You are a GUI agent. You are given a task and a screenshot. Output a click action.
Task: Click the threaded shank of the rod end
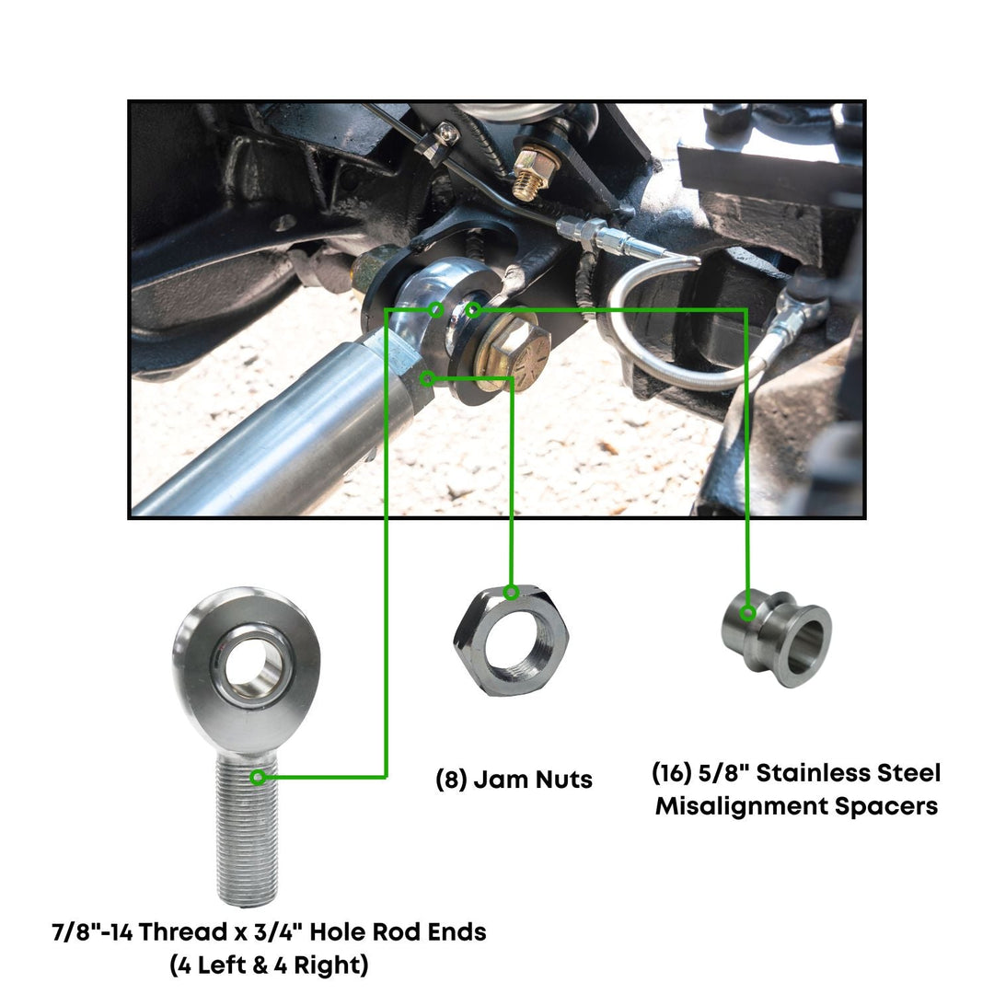[247, 828]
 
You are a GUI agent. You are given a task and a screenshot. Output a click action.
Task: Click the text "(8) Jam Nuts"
[514, 780]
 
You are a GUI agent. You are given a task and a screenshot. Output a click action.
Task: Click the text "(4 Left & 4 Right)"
[268, 965]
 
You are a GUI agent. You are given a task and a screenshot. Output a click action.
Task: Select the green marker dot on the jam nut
[512, 591]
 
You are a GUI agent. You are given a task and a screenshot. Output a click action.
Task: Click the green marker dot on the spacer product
[748, 612]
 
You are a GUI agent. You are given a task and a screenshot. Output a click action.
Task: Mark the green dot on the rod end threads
[259, 778]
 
